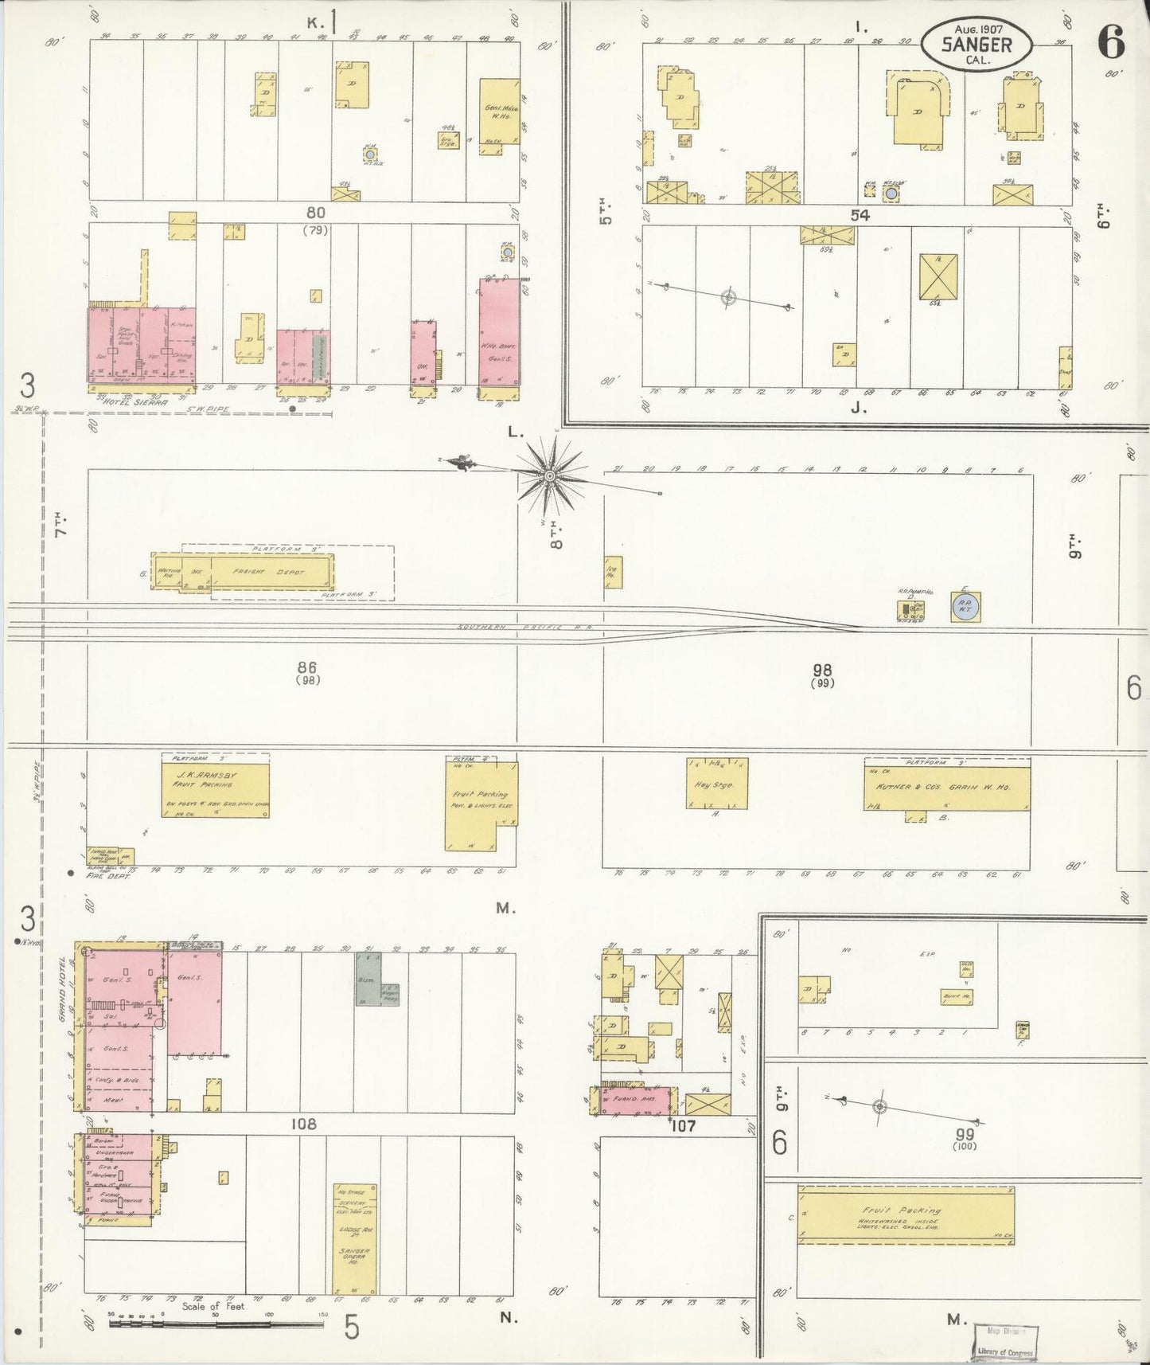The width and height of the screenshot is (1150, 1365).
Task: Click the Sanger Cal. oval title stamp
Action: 976,45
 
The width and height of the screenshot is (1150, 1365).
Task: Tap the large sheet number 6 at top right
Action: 1111,41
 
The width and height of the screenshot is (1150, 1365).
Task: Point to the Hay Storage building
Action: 716,784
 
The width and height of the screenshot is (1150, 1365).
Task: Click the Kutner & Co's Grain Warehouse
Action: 947,785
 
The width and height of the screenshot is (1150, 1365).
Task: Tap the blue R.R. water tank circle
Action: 965,608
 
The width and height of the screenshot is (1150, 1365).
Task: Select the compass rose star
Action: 548,476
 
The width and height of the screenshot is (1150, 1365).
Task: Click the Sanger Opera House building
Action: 354,1238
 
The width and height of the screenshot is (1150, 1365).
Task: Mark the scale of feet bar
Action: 215,1324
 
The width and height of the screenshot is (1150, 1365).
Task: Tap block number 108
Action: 303,1124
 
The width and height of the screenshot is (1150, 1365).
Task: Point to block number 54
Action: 860,215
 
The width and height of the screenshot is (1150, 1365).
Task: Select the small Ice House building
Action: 612,571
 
